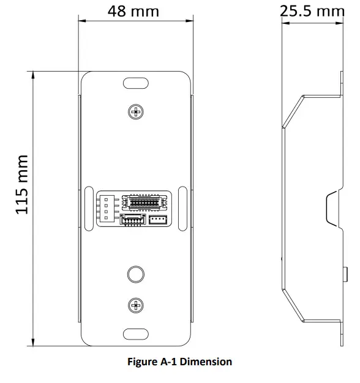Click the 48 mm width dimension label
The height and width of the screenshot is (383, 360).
tap(133, 11)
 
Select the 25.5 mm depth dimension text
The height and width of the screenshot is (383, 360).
tap(312, 11)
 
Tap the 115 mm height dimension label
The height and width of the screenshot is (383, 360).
tap(23, 184)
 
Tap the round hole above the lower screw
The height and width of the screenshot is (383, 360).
tap(135, 273)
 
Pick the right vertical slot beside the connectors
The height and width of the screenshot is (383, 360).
tap(183, 209)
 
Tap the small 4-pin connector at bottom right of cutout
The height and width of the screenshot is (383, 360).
tap(157, 220)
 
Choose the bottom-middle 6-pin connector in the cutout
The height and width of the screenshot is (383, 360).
tap(133, 220)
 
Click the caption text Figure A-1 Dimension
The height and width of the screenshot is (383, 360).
tap(179, 362)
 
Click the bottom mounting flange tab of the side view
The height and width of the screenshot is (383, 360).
tap(340, 333)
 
